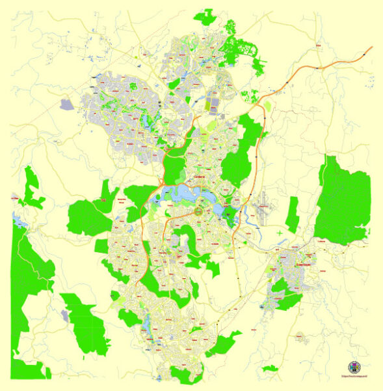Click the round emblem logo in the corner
(354, 367)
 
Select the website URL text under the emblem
(354, 377)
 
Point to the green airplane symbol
(279, 233)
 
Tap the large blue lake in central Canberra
(185, 194)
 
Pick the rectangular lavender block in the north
(212, 104)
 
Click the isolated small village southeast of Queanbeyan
(300, 337)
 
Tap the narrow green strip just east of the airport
(292, 215)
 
